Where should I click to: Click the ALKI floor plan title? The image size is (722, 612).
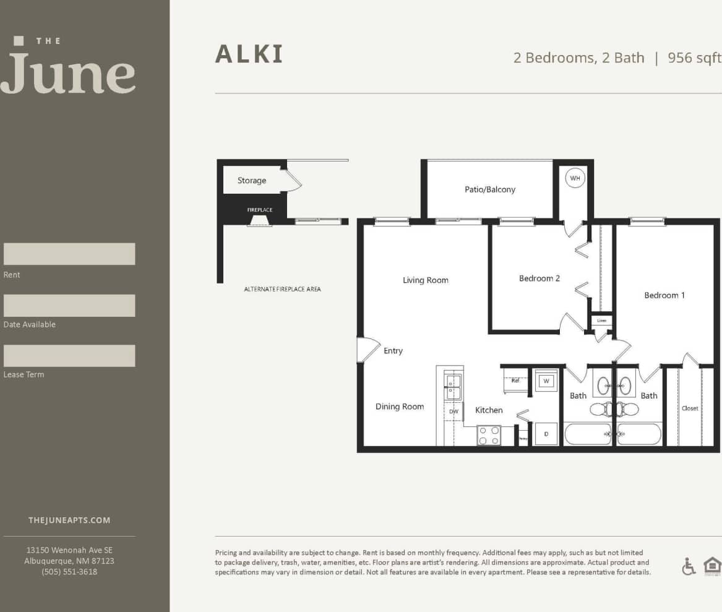[x=249, y=54]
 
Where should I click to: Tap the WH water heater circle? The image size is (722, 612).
[x=575, y=178]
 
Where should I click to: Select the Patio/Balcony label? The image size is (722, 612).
[x=489, y=189]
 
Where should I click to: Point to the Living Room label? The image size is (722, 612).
[x=426, y=280]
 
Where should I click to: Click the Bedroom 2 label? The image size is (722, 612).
[x=539, y=278]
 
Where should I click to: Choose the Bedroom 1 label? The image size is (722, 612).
[x=664, y=295]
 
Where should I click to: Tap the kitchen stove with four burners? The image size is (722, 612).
[x=489, y=435]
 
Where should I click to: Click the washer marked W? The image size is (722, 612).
[x=546, y=381]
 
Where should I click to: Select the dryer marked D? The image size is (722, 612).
[x=546, y=434]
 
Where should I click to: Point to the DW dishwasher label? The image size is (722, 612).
[x=453, y=412]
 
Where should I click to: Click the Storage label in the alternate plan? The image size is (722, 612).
[x=252, y=181]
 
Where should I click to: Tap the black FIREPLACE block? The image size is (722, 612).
[x=260, y=211]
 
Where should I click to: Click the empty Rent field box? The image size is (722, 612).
[x=69, y=254]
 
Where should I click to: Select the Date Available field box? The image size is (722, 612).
[x=69, y=306]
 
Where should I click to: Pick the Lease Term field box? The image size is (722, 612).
[x=69, y=356]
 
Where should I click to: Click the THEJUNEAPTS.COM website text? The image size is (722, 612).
[x=69, y=520]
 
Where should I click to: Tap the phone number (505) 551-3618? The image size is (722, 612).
[x=69, y=572]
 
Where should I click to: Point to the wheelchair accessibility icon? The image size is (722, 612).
[x=689, y=566]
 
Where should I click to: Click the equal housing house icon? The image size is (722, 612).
[x=712, y=566]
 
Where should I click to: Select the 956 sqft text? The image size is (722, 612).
[x=694, y=58]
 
